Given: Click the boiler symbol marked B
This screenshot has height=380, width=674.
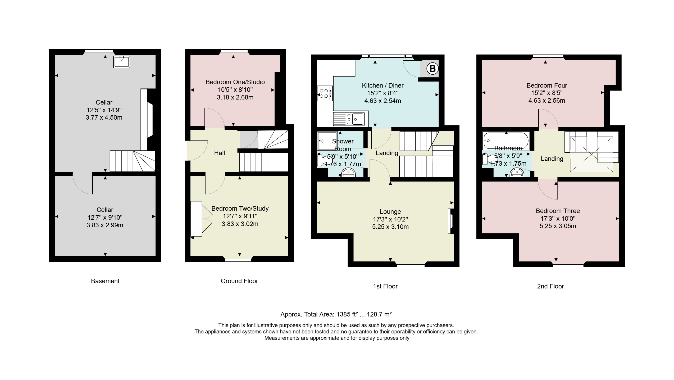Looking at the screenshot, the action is click(432, 69).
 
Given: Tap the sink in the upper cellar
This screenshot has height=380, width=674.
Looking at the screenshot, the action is click(122, 62).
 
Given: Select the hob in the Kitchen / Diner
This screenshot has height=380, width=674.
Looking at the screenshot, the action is click(325, 93).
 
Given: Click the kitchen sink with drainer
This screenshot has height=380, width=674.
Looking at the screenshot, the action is click(349, 119).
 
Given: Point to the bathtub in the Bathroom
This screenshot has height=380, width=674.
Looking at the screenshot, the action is click(506, 141).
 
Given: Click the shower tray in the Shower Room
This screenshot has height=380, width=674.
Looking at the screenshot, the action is click(327, 141).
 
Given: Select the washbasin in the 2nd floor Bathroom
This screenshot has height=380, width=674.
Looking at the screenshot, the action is click(517, 173).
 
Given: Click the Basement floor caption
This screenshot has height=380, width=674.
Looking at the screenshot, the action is click(105, 281).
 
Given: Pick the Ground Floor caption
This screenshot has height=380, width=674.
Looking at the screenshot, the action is click(239, 281).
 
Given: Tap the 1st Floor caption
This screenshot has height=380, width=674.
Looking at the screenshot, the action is click(385, 286).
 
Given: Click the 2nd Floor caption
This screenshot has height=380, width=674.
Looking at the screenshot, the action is click(550, 286).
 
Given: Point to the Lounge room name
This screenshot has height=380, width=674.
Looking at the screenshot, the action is click(390, 212).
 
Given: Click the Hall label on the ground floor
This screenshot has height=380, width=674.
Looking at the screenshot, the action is click(220, 153).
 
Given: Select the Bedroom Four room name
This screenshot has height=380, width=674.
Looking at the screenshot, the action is click(547, 85).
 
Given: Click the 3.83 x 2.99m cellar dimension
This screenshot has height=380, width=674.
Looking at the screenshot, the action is click(105, 225).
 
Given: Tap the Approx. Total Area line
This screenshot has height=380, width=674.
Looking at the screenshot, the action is click(336, 314).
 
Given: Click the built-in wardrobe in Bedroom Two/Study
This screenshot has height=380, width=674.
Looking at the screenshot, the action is click(196, 219).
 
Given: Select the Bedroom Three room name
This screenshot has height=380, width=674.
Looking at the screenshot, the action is click(558, 211).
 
